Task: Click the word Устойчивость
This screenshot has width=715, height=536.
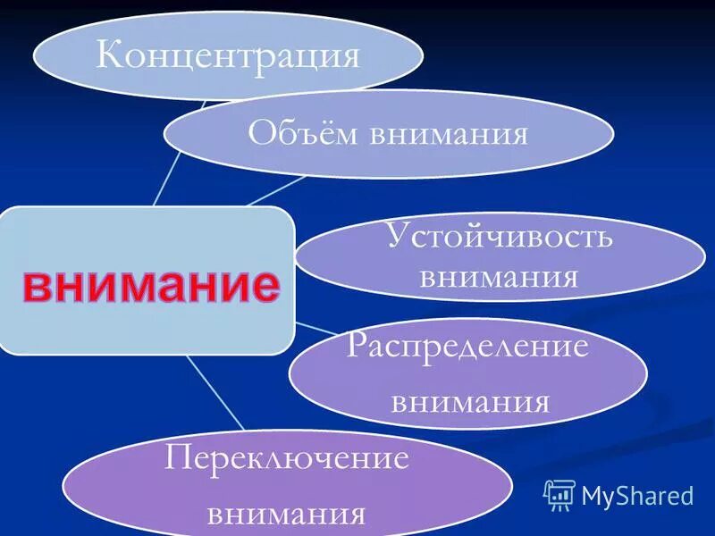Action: [500, 238]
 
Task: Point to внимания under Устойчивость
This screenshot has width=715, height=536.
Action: [499, 276]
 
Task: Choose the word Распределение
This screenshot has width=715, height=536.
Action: [468, 345]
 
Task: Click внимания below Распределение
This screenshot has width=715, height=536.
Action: [470, 400]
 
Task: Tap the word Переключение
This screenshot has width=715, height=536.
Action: [287, 459]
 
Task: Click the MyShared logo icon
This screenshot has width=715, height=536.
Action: [559, 494]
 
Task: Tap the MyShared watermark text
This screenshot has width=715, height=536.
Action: [637, 495]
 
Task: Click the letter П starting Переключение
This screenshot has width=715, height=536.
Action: [177, 459]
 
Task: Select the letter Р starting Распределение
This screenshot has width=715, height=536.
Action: [356, 346]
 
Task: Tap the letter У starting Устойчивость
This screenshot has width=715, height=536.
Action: [397, 238]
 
